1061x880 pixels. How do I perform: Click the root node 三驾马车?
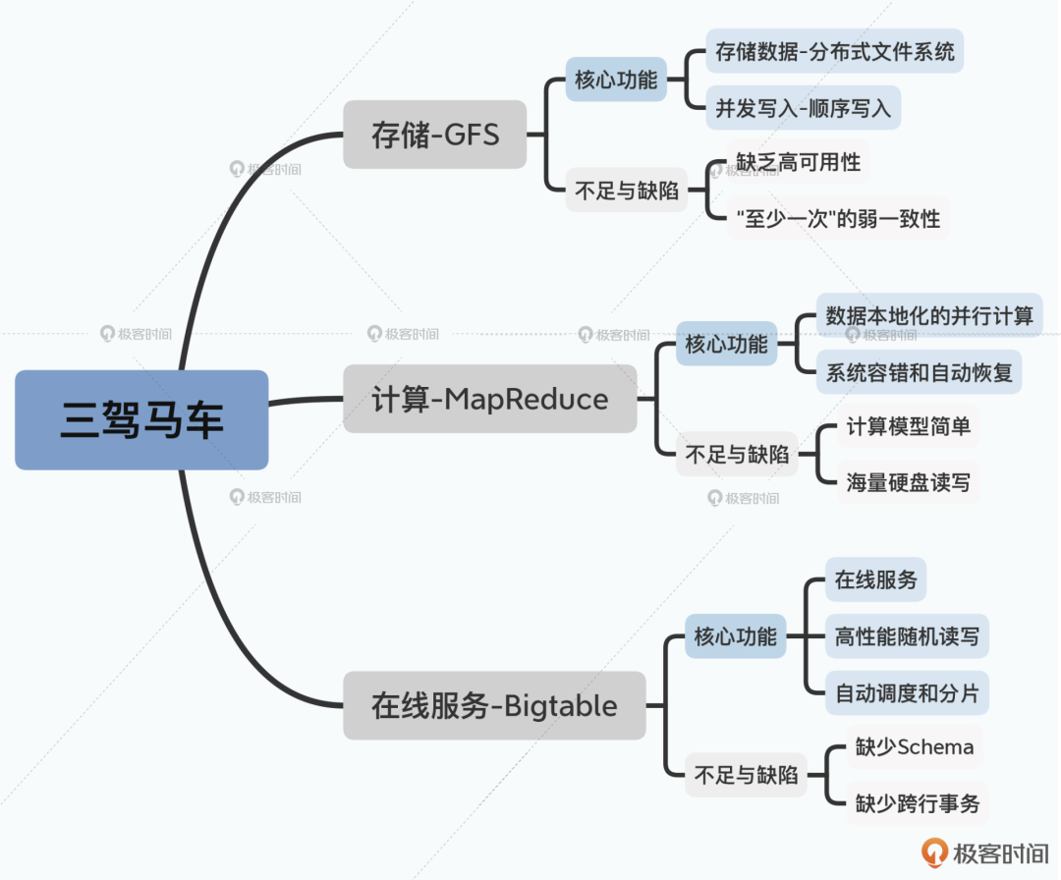coord(141,419)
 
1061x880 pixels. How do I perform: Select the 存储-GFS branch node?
coord(434,134)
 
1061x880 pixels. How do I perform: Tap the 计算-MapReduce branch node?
coord(489,399)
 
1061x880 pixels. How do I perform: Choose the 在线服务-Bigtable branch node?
coord(493,705)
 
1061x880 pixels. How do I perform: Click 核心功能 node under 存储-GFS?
coord(616,80)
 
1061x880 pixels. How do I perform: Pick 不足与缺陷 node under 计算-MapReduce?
coord(737,455)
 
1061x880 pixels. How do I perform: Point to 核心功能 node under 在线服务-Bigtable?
coord(735,635)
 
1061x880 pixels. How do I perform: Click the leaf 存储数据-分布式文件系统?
coord(834,51)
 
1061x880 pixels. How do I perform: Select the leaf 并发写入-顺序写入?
coord(803,108)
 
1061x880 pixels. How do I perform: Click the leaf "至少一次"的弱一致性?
coord(838,218)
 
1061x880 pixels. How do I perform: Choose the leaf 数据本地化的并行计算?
coord(929,315)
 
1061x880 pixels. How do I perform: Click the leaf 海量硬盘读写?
coord(909,482)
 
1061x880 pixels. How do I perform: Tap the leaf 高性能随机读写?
coord(907,635)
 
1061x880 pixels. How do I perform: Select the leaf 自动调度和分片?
coord(907,692)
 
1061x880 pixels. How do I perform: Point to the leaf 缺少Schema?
coord(914,747)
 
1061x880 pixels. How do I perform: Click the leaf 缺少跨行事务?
coord(917,803)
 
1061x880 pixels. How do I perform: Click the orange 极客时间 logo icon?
coord(934,852)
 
